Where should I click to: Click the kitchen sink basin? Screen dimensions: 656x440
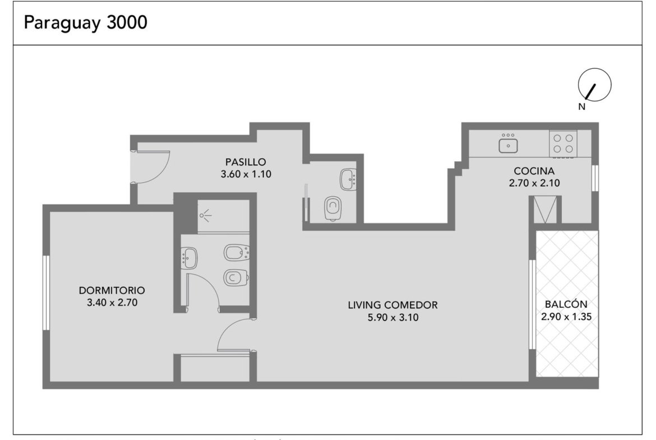508,146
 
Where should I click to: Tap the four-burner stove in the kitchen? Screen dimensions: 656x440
563,143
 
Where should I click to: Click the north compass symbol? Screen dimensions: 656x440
594,85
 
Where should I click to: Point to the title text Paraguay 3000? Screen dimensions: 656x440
85,22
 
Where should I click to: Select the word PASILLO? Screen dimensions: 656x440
246,162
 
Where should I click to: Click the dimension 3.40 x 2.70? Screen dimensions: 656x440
112,303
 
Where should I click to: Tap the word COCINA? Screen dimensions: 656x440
534,170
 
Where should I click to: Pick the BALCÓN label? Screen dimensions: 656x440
566,304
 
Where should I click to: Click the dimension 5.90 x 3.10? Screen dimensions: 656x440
393,317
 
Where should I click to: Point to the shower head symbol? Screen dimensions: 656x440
205,215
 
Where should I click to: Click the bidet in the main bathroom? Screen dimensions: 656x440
237,253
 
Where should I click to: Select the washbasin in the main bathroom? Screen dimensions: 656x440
189,258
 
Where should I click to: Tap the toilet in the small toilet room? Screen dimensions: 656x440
332,208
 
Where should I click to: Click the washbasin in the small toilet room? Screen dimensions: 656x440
348,179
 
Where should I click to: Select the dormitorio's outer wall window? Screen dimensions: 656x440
47,293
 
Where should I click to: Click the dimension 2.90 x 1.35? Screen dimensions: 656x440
566,317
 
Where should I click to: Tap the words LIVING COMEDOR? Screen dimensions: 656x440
393,305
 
